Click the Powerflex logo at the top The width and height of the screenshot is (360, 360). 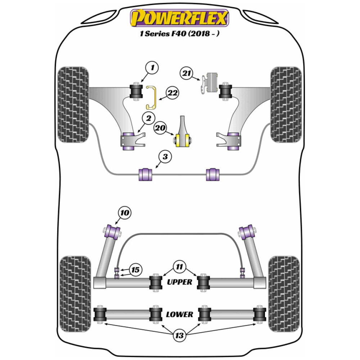(180, 18)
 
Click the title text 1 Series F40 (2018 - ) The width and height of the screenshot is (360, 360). (180, 35)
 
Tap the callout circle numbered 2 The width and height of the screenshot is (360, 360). (148, 117)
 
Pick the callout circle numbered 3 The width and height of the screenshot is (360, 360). (165, 157)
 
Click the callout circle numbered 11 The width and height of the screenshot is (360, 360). (179, 267)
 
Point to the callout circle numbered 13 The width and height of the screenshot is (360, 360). (179, 336)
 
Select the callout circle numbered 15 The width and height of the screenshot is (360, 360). (136, 270)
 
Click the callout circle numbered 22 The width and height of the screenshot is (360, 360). (172, 93)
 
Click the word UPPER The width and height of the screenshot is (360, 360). (180, 282)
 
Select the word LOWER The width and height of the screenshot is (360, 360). (179, 314)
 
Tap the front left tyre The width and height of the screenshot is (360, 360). (73, 104)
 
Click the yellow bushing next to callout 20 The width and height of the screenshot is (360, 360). (183, 140)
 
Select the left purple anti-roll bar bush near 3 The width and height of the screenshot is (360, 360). (146, 174)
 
